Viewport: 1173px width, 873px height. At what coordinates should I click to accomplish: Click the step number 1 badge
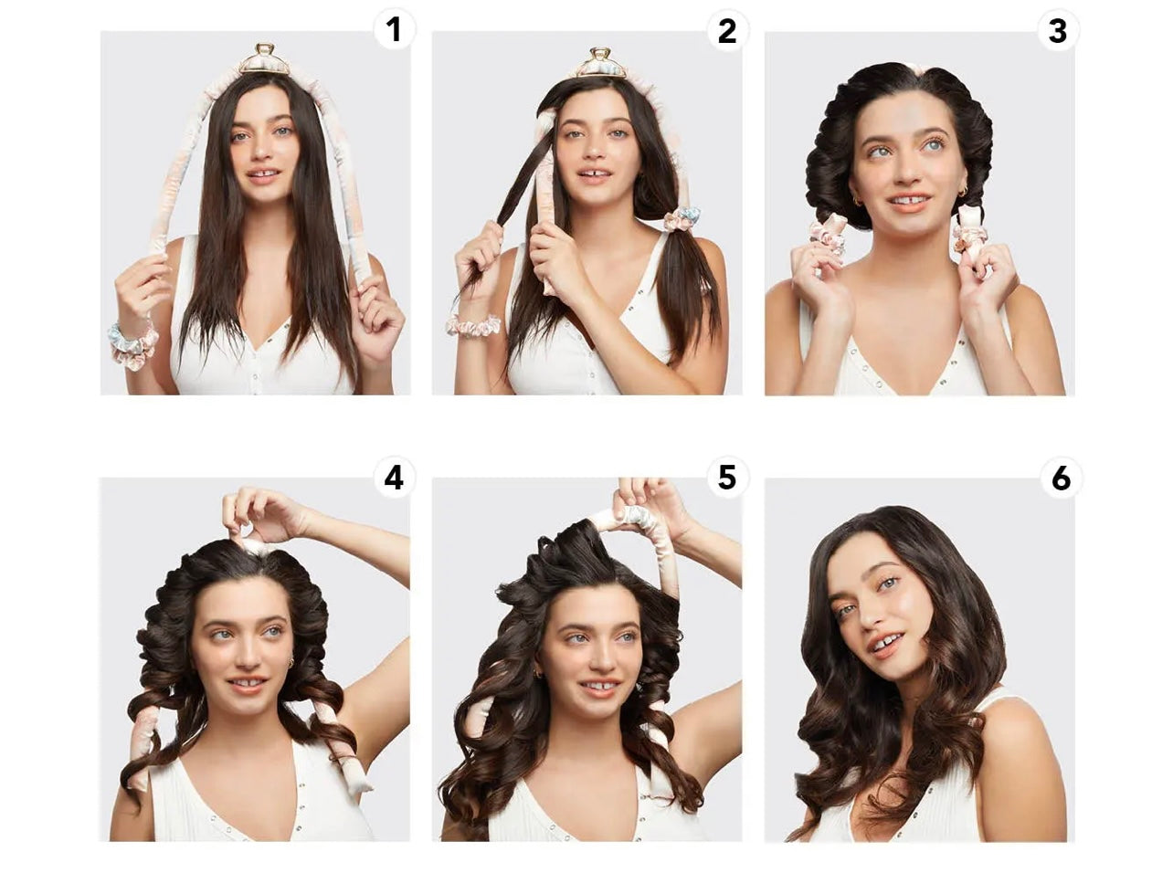click(394, 29)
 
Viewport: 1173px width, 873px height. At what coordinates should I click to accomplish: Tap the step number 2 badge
click(727, 30)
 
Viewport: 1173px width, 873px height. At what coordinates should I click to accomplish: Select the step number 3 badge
click(1058, 31)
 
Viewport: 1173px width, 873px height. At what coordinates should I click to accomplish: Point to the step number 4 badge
click(394, 478)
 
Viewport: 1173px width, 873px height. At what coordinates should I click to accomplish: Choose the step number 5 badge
click(727, 478)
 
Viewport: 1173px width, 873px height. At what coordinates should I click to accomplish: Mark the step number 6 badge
click(1061, 479)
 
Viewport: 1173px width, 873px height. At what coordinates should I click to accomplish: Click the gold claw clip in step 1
click(264, 59)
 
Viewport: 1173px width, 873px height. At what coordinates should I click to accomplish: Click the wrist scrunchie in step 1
click(132, 343)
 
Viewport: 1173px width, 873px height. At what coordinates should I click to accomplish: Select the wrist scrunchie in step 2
click(473, 325)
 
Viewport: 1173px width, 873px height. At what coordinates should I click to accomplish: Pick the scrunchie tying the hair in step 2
click(682, 220)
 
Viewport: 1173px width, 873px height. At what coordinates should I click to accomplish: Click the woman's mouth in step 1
click(263, 175)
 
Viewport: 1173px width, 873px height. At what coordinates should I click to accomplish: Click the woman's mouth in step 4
click(248, 683)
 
